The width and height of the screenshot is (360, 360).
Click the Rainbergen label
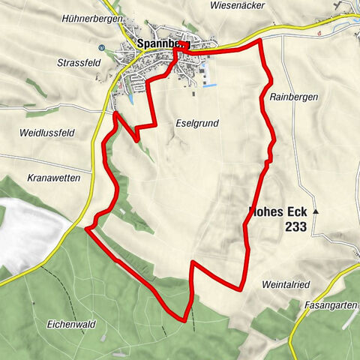point(292,97)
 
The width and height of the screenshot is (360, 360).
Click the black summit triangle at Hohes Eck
point(316,212)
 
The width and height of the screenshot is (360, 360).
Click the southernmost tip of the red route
point(184,321)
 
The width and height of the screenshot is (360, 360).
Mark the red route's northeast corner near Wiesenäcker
point(259,41)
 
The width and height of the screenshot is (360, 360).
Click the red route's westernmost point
point(86,227)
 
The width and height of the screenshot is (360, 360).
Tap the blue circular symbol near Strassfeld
point(103,48)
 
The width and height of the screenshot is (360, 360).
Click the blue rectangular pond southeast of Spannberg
point(210,85)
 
